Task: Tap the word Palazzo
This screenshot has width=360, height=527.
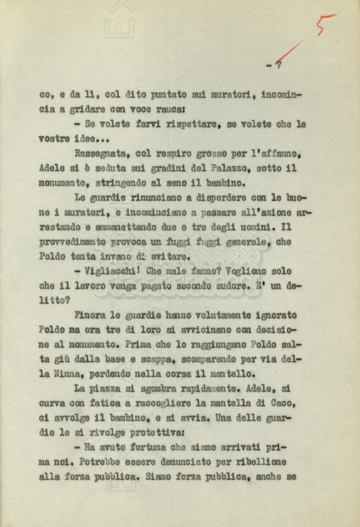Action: [221, 168]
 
